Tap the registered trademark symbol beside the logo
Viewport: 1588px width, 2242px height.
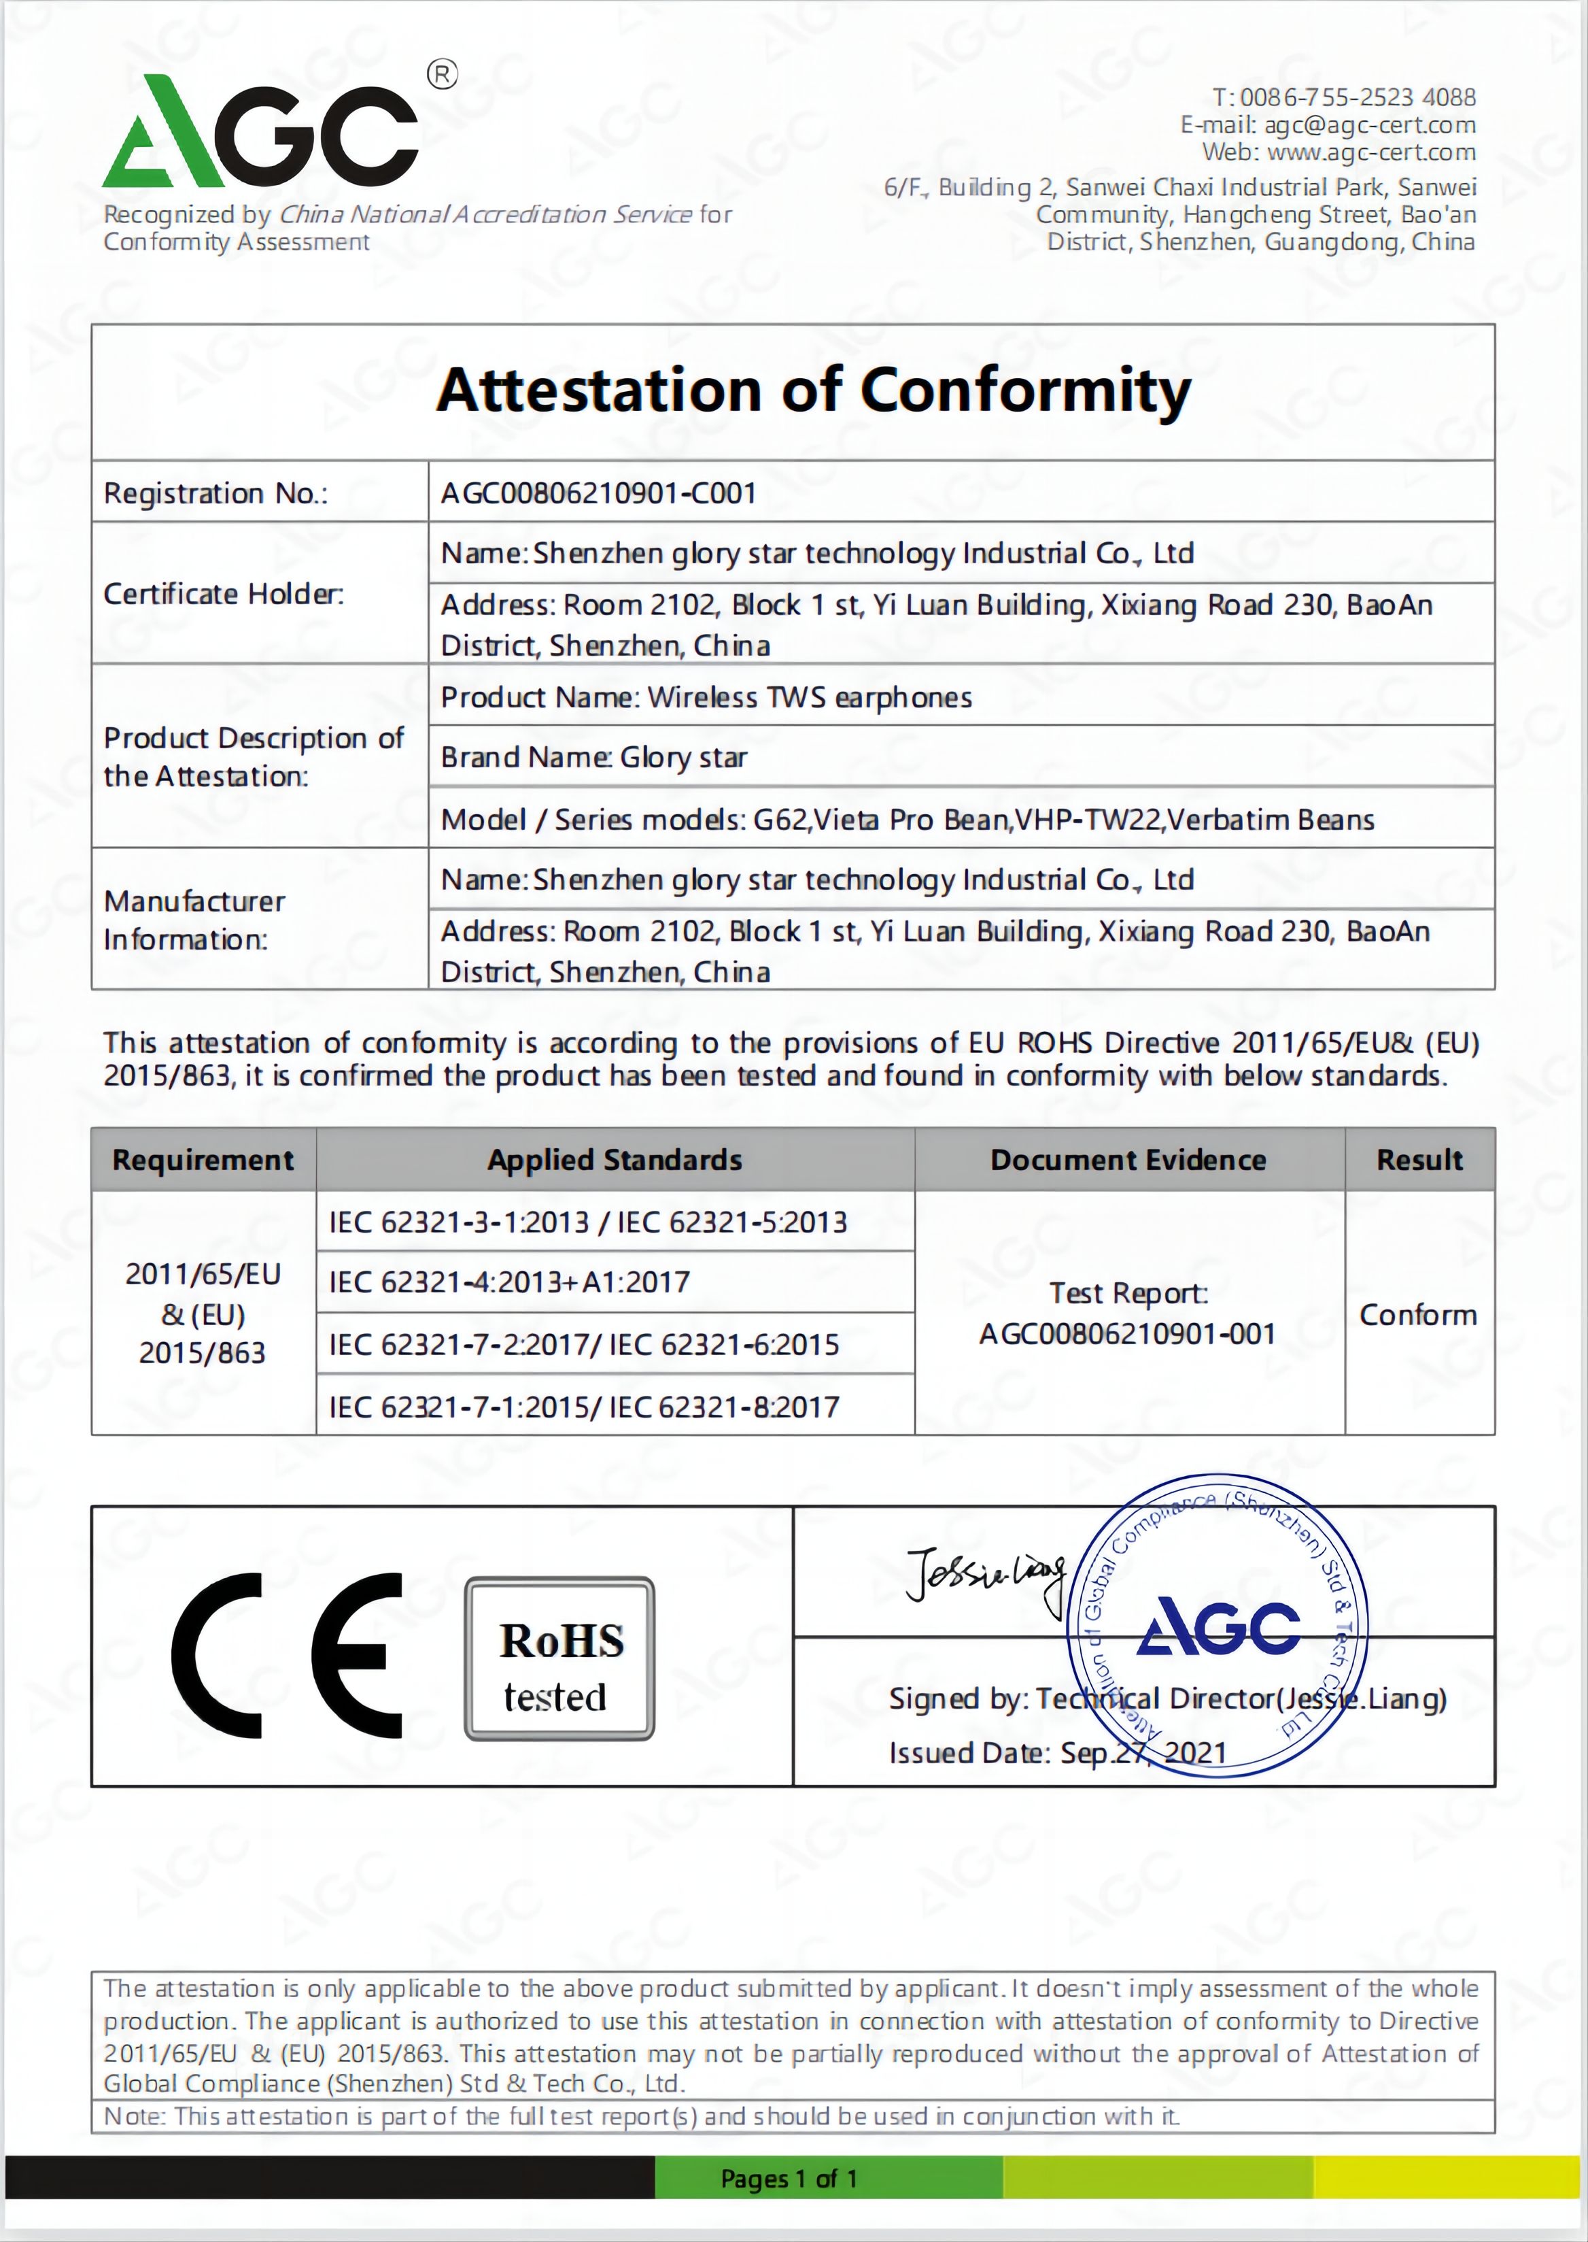443,74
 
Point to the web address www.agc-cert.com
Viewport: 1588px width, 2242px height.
1371,152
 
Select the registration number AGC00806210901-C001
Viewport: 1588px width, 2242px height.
598,493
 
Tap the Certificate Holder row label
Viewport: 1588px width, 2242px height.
224,594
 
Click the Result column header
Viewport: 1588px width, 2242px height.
1419,1160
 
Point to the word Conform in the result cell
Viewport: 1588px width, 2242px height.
1418,1315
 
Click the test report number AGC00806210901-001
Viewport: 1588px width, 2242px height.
1128,1334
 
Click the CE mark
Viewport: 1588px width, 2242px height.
286,1656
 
